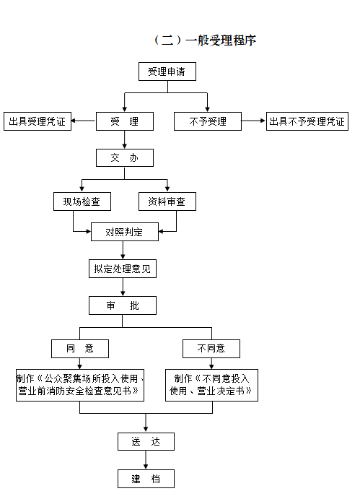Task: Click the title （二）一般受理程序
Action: (206, 40)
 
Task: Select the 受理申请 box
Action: (167, 71)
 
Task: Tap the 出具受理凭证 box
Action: (38, 121)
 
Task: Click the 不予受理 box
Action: (208, 121)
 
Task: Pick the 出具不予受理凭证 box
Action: (307, 121)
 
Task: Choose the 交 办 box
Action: (125, 158)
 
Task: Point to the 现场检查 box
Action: (82, 201)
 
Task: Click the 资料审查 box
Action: (167, 201)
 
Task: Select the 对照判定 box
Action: (125, 232)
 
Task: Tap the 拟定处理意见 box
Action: (123, 269)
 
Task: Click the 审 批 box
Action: (123, 305)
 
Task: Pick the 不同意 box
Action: (211, 349)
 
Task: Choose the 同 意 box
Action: (80, 349)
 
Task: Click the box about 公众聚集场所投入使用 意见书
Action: (80, 385)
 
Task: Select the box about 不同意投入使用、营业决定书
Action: (211, 385)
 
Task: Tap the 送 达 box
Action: (146, 441)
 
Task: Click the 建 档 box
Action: (146, 479)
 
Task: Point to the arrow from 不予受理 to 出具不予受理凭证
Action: (253, 121)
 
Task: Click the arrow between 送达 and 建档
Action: (146, 460)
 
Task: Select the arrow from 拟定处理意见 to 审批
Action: (123, 287)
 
